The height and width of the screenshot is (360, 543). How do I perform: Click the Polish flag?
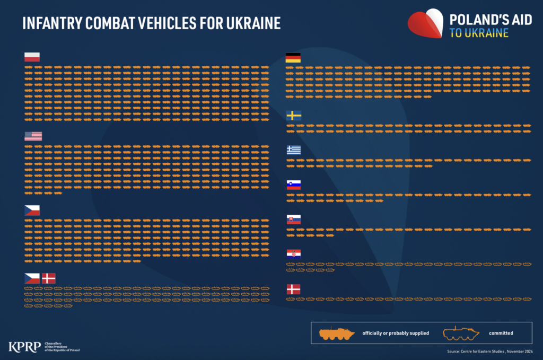32,57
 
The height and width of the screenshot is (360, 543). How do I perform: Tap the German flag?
293,58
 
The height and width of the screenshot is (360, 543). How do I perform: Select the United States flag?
33,136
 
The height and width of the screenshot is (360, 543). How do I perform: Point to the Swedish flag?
294,116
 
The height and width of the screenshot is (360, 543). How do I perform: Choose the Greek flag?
294,150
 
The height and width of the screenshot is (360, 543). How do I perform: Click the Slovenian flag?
294,185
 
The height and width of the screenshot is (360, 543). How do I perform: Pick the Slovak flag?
294,219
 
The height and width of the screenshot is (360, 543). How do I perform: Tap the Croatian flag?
294,254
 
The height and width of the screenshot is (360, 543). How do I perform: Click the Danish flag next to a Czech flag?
49,278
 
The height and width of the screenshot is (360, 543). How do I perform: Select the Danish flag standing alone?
293,289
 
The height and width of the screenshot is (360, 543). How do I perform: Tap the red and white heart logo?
426,24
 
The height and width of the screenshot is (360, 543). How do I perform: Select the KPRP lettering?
24,347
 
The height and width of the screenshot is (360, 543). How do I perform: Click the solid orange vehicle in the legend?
337,333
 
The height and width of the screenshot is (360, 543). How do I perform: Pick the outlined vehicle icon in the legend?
461,333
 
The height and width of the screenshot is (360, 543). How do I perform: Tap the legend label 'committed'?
501,333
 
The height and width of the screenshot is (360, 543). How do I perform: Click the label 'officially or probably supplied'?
395,333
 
